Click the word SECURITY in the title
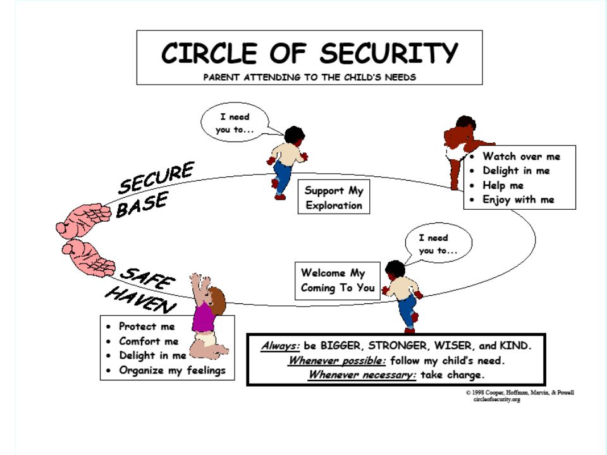click(389, 53)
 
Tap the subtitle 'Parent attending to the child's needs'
click(310, 77)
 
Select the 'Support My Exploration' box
click(334, 197)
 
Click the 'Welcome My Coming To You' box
click(338, 281)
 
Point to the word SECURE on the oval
click(156, 178)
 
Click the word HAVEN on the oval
click(141, 300)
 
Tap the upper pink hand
click(84, 219)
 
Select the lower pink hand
click(89, 257)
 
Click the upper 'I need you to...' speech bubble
click(235, 123)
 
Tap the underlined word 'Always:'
click(280, 346)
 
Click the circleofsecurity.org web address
click(497, 399)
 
